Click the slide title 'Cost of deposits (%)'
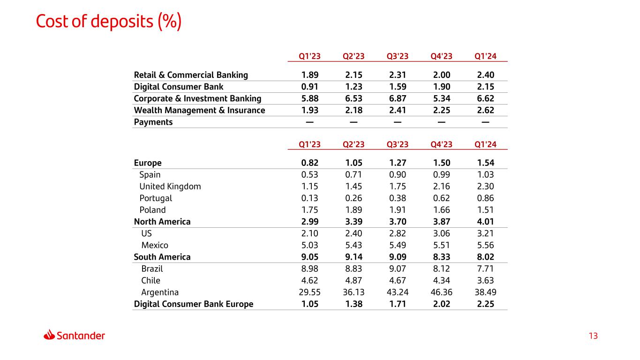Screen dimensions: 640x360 (109, 22)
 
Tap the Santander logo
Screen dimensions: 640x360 (74, 335)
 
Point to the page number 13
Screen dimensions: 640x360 (593, 336)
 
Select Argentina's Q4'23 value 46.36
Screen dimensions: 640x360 (441, 292)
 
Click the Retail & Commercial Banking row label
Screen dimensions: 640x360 (191, 75)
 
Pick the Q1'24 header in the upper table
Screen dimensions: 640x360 (485, 56)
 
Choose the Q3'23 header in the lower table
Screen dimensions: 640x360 (398, 144)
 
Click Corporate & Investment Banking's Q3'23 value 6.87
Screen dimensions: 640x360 (398, 98)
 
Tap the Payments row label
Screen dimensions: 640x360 (153, 122)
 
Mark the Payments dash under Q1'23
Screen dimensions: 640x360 (310, 122)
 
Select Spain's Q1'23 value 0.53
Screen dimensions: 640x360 (310, 174)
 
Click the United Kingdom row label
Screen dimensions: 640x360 (170, 186)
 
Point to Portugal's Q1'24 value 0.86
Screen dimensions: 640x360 (485, 198)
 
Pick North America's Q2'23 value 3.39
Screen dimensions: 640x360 (354, 221)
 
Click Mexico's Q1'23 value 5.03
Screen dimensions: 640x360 (310, 245)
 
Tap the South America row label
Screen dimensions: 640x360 (162, 257)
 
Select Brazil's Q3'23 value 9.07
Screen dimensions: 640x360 (398, 269)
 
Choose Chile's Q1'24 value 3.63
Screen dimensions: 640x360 (485, 280)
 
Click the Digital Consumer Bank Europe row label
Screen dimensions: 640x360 (194, 304)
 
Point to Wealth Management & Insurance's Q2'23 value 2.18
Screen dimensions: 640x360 (354, 110)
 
